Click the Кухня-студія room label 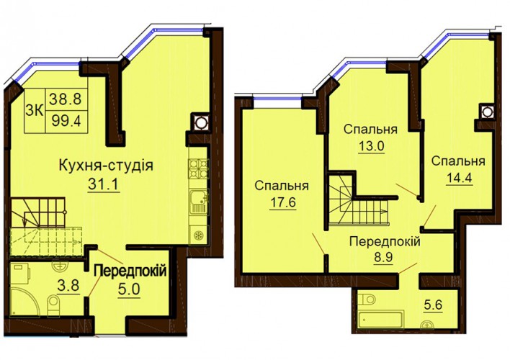[106, 166]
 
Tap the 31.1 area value [104, 185]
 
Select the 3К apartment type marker [35, 111]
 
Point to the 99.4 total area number [66, 122]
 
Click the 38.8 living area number [66, 99]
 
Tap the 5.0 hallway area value [129, 289]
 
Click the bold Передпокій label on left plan [130, 271]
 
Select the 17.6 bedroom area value [282, 202]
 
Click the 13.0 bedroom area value [371, 145]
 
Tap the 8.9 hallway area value [384, 258]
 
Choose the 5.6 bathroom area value [433, 305]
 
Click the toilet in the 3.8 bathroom [53, 305]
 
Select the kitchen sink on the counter [198, 202]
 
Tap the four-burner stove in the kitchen [198, 169]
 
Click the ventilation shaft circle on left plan [199, 123]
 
